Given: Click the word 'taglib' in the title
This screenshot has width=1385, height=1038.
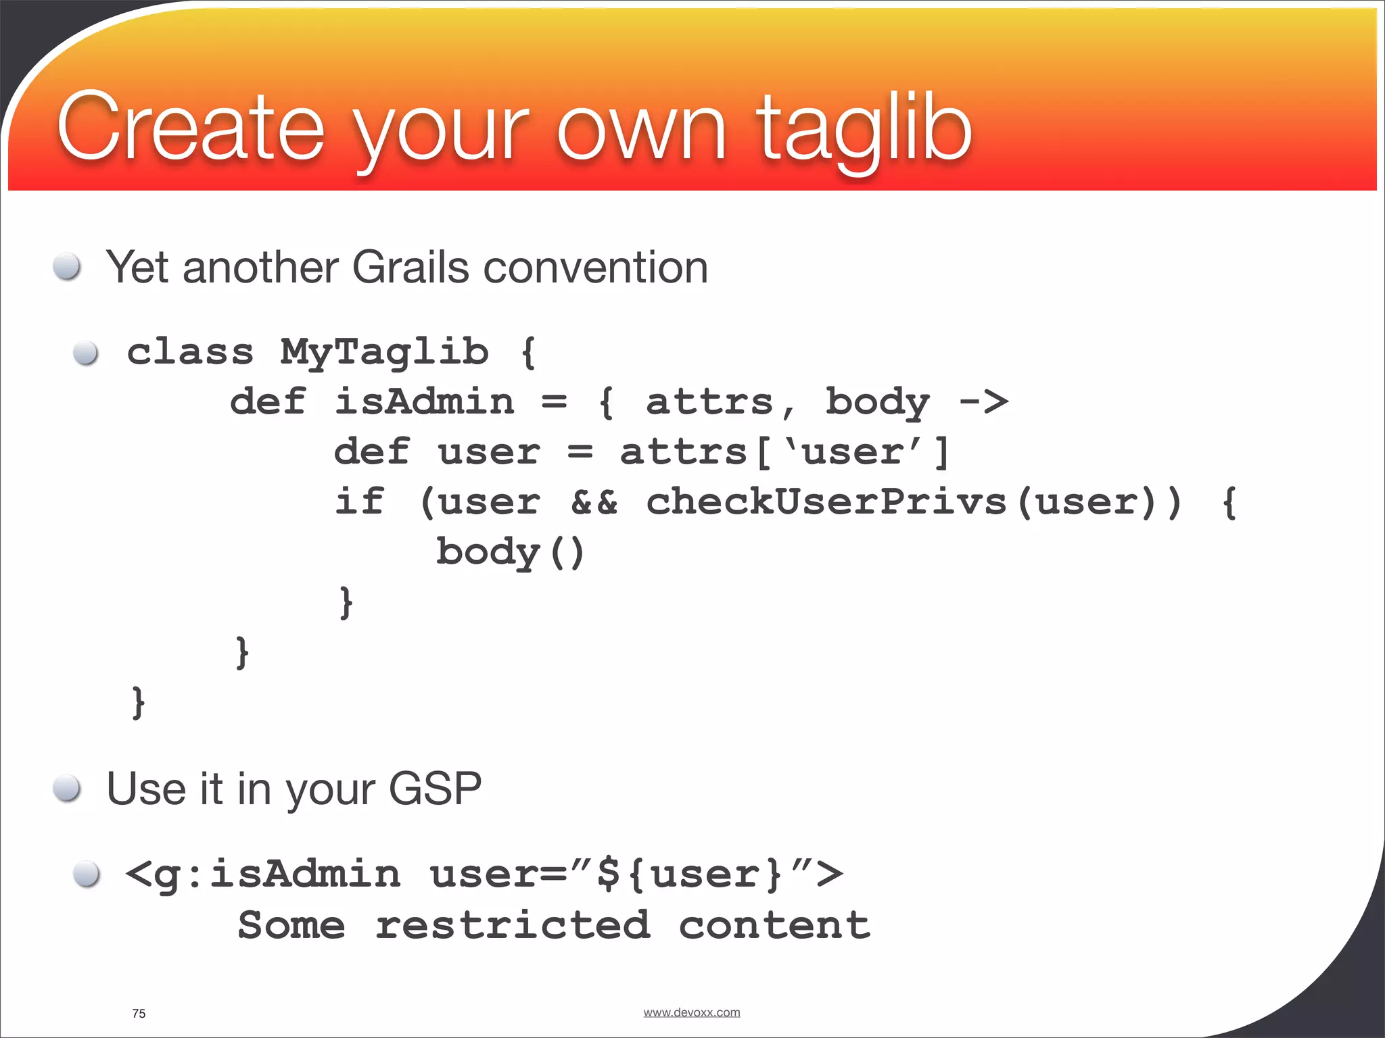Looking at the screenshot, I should pyautogui.click(x=864, y=128).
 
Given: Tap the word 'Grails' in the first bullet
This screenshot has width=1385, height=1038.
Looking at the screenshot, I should pyautogui.click(x=410, y=267).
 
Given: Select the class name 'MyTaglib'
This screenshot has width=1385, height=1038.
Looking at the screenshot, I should pyautogui.click(x=384, y=352).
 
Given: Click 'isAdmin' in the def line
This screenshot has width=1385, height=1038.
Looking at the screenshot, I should pyautogui.click(x=424, y=402).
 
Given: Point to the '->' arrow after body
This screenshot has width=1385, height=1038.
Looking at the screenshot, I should pyautogui.click(x=984, y=402).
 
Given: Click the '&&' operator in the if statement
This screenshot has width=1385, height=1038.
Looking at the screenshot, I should pyautogui.click(x=594, y=502).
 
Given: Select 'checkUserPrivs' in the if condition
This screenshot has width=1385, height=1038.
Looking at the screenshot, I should pyautogui.click(x=826, y=502).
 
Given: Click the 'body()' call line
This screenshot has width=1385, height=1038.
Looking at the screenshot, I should pyautogui.click(x=510, y=552).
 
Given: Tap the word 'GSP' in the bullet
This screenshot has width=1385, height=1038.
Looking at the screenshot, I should pyautogui.click(x=435, y=789).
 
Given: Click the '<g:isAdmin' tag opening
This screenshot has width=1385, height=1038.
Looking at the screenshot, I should pyautogui.click(x=263, y=874).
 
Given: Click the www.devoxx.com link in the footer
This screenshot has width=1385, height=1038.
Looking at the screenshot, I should pyautogui.click(x=691, y=1012).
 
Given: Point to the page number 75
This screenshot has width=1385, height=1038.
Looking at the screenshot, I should pyautogui.click(x=139, y=1014).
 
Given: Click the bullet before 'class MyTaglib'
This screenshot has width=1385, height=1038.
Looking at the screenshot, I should pyautogui.click(x=86, y=352).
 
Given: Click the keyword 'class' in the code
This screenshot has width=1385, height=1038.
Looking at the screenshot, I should pyautogui.click(x=190, y=352).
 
